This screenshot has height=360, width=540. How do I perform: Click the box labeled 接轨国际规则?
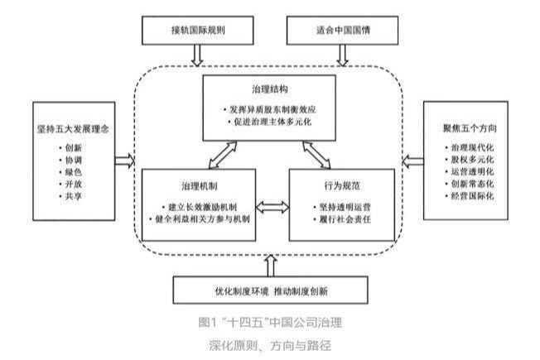pos(197,31)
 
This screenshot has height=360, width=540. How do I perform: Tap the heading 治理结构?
pos(269,88)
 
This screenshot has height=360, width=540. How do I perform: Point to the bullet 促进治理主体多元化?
pos(268,124)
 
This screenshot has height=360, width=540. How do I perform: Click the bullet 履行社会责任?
pos(343,219)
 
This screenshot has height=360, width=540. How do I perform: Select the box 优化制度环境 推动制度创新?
pos(270,291)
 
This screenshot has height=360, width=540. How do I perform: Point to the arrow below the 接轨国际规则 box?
pos(197,55)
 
